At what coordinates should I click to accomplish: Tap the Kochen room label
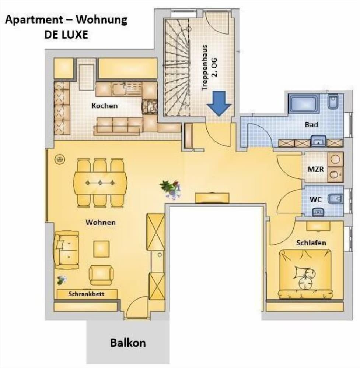[x=105, y=106]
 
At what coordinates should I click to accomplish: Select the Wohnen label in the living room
[x=101, y=222]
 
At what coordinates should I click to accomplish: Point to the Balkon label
[x=128, y=343]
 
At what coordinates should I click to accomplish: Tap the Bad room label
[x=311, y=124]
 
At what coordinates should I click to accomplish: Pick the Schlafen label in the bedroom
[x=311, y=243]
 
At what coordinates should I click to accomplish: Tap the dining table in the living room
[x=100, y=183]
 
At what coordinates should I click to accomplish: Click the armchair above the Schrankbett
[x=101, y=275]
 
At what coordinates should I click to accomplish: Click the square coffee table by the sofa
[x=101, y=249]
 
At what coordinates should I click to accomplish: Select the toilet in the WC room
[x=335, y=199]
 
